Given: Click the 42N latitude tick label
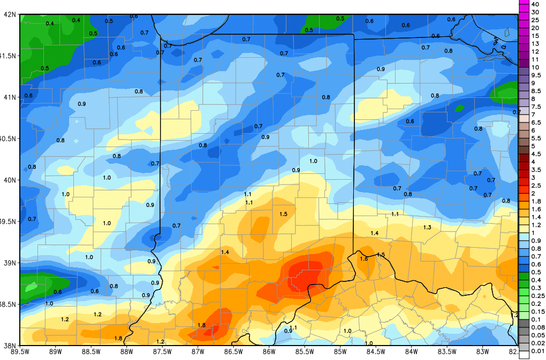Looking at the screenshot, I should (9, 14).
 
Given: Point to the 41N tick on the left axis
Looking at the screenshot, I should (9, 97).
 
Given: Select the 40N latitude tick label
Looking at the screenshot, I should (9, 180).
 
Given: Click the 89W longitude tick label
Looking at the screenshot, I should (56, 352).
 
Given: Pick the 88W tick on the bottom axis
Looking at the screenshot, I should (127, 352).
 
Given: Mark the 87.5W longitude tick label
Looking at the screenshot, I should (162, 352).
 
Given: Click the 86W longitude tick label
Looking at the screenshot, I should (269, 352).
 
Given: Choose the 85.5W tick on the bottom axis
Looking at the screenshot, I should (305, 352).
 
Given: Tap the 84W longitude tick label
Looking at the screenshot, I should (411, 352).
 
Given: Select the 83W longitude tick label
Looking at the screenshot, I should (482, 352).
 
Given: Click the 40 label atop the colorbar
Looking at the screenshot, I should (535, 4).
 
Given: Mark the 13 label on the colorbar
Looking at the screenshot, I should (535, 43).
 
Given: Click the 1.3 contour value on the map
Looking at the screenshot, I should (427, 228).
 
